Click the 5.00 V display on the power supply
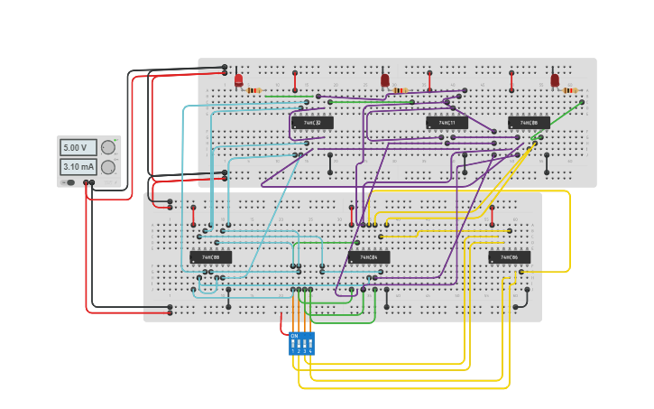click(x=75, y=147)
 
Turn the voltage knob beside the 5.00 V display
click(x=108, y=147)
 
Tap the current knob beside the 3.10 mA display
click(x=108, y=167)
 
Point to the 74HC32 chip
click(x=312, y=123)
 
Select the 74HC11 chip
click(x=447, y=123)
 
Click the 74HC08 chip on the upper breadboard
click(x=529, y=123)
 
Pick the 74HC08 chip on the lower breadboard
click(x=210, y=257)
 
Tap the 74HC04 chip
click(x=369, y=257)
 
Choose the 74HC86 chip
click(x=510, y=257)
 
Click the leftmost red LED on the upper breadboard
click(x=238, y=80)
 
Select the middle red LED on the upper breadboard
click(x=385, y=80)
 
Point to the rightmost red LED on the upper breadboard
click(x=555, y=80)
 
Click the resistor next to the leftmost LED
click(x=253, y=90)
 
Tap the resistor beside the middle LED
click(x=401, y=90)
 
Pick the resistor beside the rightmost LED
click(x=569, y=90)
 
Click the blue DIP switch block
click(x=301, y=344)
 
